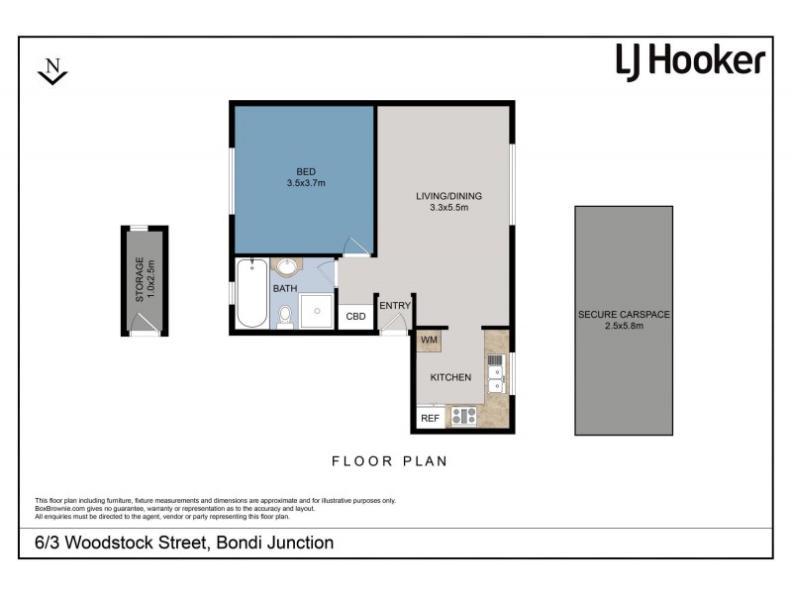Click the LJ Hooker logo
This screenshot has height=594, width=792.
click(x=690, y=61)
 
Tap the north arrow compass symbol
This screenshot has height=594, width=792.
click(x=52, y=70)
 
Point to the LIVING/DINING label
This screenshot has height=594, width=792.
click(x=442, y=195)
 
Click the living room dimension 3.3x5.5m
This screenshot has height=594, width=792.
click(x=442, y=208)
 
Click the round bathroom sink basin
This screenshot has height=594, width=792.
click(x=287, y=267)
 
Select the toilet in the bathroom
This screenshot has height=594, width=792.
click(x=285, y=316)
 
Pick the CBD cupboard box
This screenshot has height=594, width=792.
click(x=355, y=318)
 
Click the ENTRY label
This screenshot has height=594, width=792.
click(x=394, y=306)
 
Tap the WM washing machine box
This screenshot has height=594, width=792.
click(x=429, y=341)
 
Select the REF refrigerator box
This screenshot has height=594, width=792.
click(x=430, y=419)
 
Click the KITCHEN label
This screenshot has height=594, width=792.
click(x=449, y=378)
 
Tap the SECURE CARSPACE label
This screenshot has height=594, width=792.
click(x=624, y=315)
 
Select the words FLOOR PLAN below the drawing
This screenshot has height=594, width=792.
click(x=390, y=461)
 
